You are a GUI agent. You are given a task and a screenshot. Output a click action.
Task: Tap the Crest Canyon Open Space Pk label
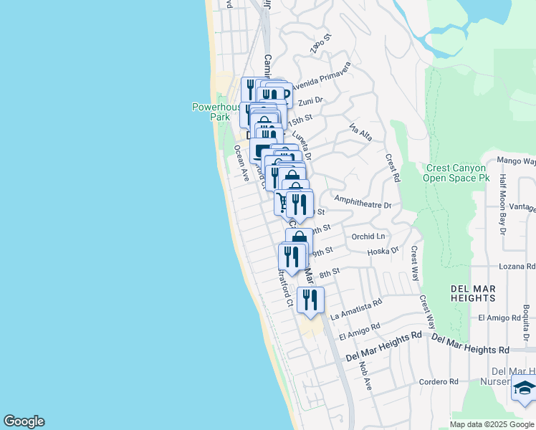point(456,173)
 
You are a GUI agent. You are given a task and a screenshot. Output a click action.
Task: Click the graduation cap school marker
point(524,389)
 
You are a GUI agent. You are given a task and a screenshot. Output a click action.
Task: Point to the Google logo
point(24,421)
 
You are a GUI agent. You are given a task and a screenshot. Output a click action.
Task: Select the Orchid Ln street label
point(368,236)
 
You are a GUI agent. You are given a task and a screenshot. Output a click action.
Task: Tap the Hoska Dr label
point(383,251)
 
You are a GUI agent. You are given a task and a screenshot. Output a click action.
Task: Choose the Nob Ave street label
point(367,374)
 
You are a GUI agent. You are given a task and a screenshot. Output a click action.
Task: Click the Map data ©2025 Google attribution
point(492,424)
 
